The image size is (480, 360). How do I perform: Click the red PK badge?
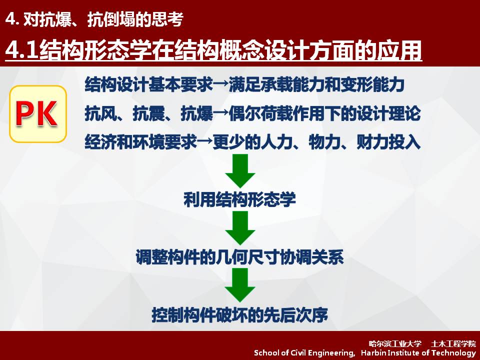[38, 114]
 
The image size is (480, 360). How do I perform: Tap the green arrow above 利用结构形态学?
[240, 171]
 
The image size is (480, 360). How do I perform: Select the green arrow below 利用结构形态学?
[240, 228]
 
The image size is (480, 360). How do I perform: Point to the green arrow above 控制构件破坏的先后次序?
[240, 285]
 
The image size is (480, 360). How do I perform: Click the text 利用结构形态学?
[239, 199]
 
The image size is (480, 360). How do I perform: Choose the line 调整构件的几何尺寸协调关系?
[239, 257]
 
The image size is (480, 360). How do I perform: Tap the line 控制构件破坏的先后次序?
[239, 314]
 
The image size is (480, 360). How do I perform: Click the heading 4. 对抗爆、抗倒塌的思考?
[94, 19]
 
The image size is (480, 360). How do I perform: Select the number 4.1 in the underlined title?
[22, 50]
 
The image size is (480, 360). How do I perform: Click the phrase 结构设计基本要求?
[148, 85]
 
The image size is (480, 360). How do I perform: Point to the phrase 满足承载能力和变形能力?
[316, 85]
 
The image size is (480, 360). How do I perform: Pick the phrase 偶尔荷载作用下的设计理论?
[324, 113]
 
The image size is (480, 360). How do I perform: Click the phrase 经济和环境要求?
[140, 142]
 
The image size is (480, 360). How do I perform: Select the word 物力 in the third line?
[324, 142]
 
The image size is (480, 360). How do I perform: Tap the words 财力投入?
[388, 142]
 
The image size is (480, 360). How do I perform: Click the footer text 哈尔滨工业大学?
[395, 344]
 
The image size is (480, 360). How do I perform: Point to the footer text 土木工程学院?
[453, 344]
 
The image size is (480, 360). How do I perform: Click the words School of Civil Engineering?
[304, 353]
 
